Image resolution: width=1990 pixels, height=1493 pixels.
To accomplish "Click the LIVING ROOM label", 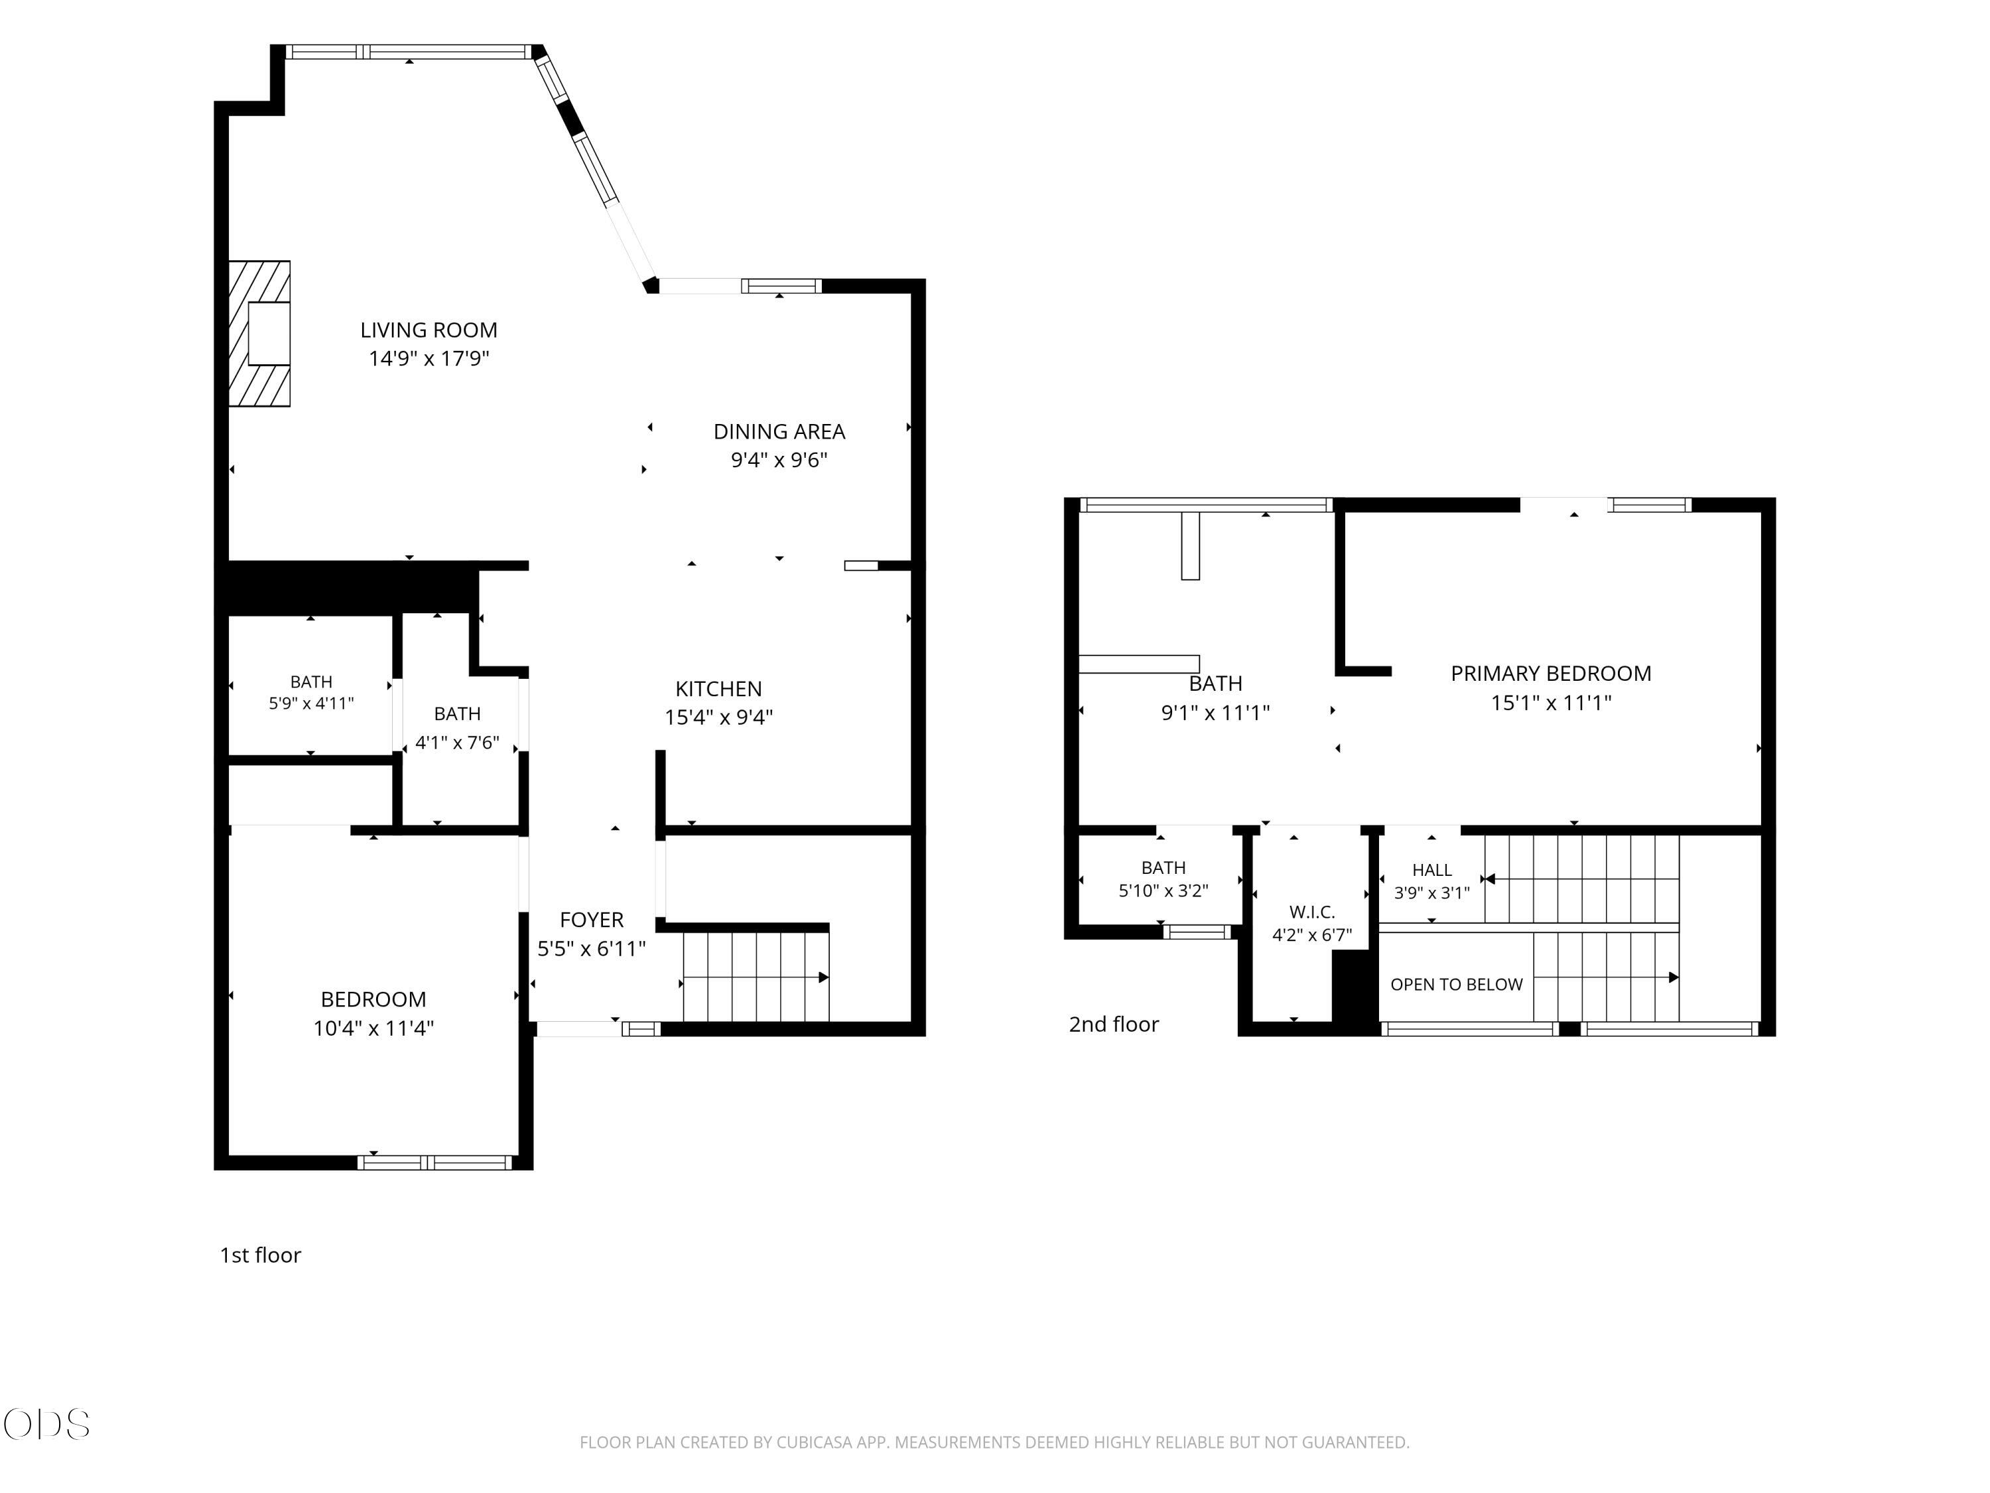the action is (429, 330).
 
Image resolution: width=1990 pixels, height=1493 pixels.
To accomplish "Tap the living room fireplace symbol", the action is (259, 333).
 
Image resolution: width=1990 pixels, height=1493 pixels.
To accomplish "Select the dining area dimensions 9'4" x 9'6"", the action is (779, 460).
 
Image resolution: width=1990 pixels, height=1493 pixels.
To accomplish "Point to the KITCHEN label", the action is (719, 689).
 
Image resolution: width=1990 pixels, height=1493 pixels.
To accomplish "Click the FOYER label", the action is (591, 920).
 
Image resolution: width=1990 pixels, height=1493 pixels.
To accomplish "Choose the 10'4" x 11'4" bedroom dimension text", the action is (373, 1028).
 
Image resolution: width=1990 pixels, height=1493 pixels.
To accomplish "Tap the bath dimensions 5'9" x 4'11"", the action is (311, 703).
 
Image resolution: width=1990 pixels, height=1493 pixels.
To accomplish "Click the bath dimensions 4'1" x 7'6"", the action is (457, 743).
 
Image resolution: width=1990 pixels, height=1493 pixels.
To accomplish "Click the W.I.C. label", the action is (1311, 912).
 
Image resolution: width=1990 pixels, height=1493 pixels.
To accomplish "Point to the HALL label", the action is (1431, 869).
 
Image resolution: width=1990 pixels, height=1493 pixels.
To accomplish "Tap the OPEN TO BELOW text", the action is (1457, 985).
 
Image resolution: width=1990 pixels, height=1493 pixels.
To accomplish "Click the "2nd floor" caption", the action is (1114, 1024).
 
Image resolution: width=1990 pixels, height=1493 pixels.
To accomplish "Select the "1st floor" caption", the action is (260, 1255).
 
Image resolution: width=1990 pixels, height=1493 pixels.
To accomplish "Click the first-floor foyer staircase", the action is (756, 977).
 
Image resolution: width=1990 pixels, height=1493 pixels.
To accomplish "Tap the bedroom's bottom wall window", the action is (434, 1163).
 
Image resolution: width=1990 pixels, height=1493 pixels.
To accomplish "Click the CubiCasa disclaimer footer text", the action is (994, 1443).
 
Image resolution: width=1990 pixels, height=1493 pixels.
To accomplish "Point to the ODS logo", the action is (47, 1425).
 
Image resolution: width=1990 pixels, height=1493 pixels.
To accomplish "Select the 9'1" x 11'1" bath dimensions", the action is (1215, 713).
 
